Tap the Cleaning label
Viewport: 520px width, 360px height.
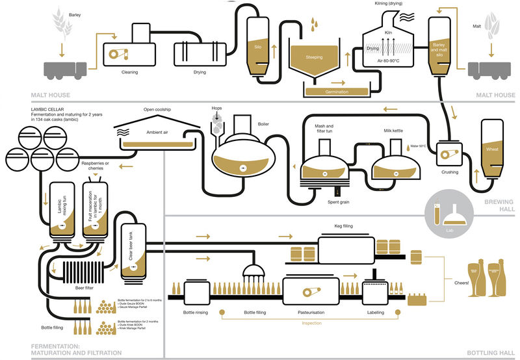[x=130, y=72]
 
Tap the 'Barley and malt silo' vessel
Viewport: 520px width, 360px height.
[x=439, y=45]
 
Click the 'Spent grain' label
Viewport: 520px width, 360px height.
[x=339, y=202]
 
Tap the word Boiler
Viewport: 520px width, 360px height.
[x=263, y=123]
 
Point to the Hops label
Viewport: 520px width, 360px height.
[x=217, y=108]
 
